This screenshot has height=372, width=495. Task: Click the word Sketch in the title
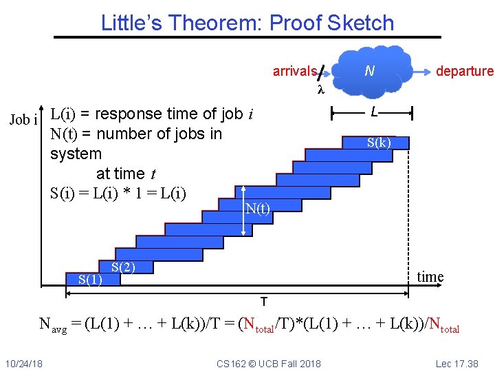point(361,23)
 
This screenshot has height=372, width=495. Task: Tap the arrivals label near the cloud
point(294,71)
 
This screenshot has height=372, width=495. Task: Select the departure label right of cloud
point(465,71)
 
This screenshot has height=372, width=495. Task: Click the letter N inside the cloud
point(369,70)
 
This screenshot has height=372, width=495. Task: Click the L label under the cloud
point(373,111)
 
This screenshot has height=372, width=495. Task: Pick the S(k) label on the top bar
point(379,143)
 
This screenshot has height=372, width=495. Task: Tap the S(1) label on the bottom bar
point(90,279)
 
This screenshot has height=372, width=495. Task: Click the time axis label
point(430,277)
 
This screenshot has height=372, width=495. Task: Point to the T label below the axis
point(263,302)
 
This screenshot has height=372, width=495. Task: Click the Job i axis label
point(23,120)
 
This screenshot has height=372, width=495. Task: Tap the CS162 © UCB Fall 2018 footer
point(268,363)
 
